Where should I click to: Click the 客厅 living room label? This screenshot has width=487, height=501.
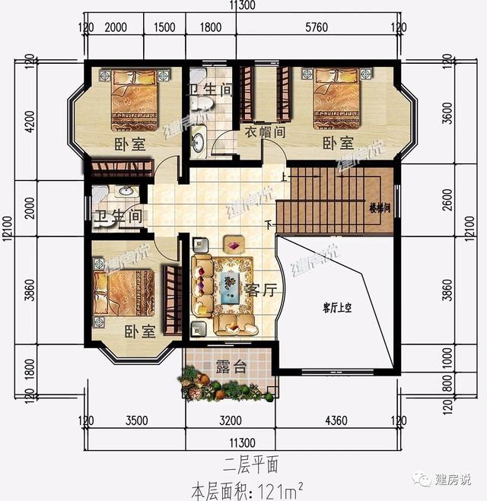tap(259, 290)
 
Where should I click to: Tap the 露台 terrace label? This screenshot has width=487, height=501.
tap(231, 366)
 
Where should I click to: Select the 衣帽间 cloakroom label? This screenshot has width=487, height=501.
tap(265, 131)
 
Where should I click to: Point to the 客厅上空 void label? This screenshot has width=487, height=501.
tap(339, 307)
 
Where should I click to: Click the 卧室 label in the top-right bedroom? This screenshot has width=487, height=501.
tap(337, 143)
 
